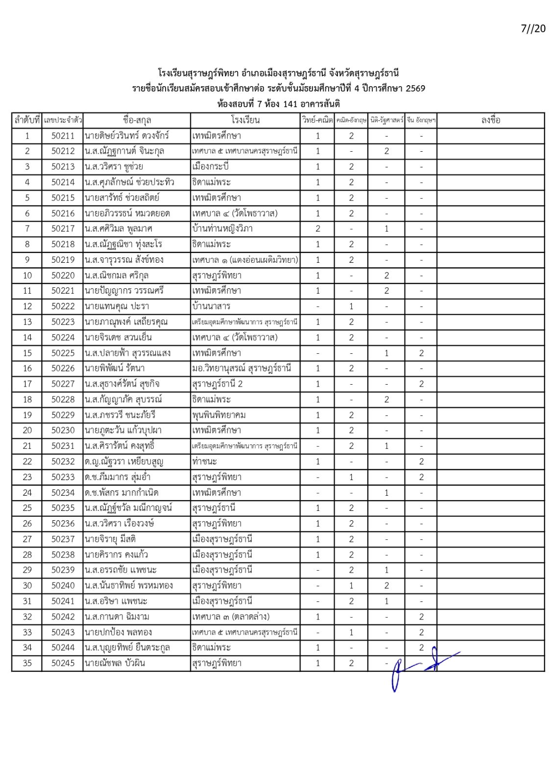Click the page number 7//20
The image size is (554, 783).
point(532,28)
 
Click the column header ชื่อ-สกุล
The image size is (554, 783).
point(137,120)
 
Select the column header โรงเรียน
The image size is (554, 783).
point(245,120)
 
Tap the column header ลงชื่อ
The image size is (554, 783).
point(490,120)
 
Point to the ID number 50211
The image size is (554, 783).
point(63,136)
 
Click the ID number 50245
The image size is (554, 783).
point(63,663)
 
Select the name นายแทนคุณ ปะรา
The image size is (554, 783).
point(117,306)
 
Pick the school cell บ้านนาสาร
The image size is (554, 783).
point(211,306)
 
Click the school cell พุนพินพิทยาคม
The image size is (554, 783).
point(219,415)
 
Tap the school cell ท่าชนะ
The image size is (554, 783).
point(205,461)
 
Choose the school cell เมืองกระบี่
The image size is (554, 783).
point(211,167)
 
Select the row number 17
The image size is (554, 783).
point(27,384)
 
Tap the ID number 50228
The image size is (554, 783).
point(63,399)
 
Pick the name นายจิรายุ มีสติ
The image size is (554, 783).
point(110,539)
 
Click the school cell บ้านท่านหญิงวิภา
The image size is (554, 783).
point(222,229)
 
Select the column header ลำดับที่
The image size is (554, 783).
point(27,120)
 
